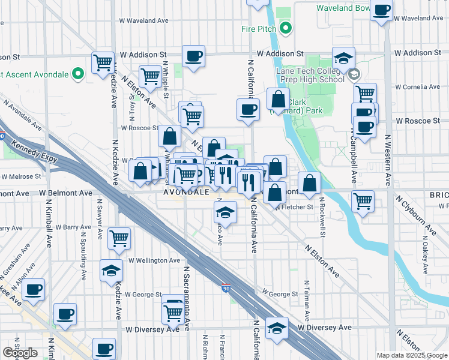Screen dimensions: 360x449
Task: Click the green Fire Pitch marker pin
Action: tap(286, 28)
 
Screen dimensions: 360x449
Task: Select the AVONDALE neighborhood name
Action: tap(187, 193)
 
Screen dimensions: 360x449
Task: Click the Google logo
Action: tap(20, 353)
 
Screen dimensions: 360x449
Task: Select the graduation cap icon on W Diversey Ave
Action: tap(277, 328)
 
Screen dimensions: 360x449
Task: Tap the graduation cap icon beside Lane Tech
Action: tap(343, 58)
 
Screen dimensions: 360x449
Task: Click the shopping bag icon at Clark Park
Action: tap(278, 99)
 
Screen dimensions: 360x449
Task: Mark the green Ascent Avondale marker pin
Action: tap(77, 74)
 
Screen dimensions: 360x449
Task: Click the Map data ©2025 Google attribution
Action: tap(412, 355)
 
